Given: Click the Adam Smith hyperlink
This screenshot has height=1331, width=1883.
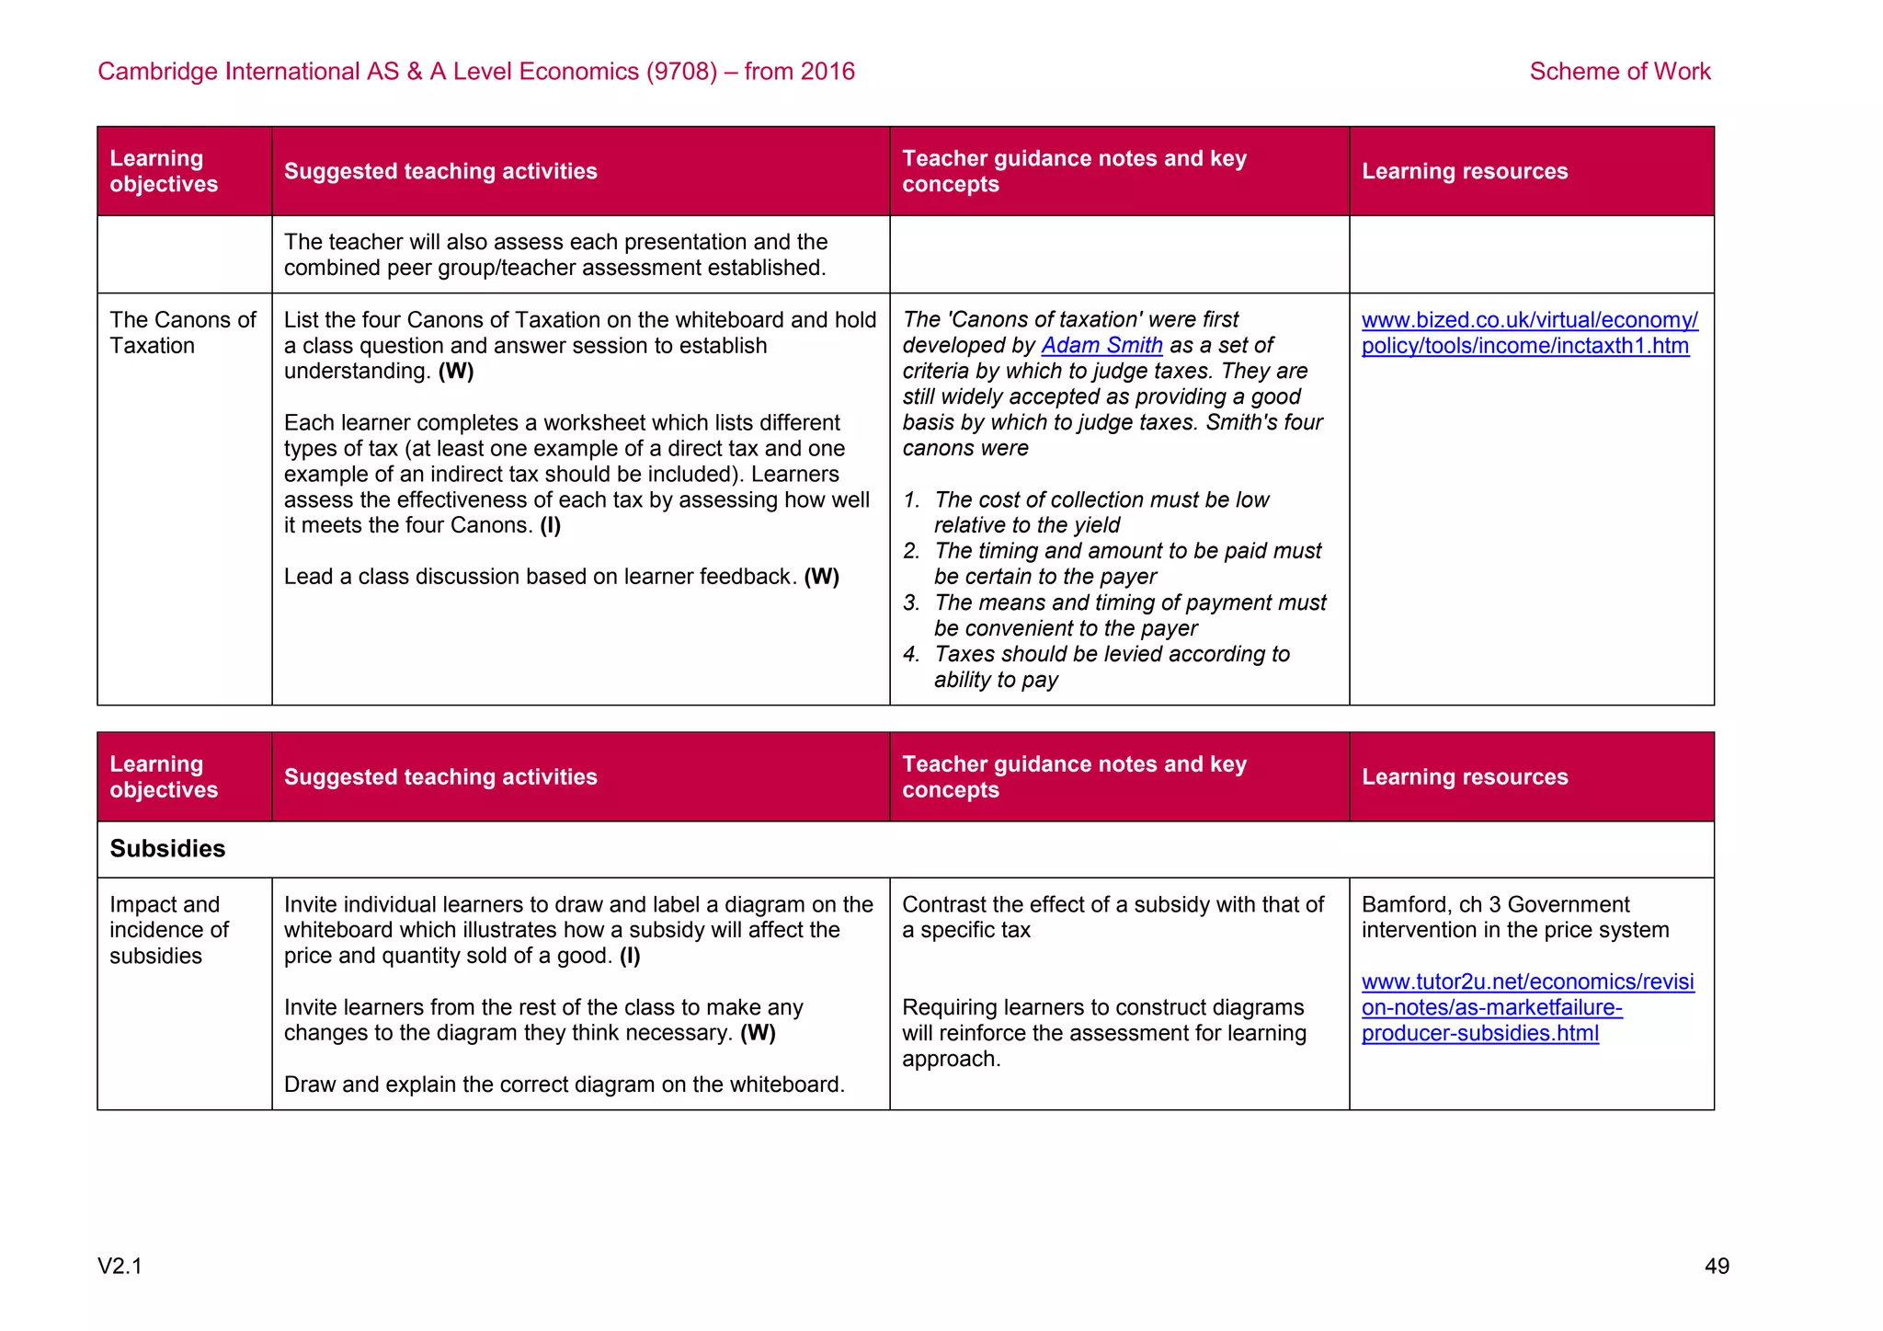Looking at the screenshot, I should pyautogui.click(x=1101, y=346).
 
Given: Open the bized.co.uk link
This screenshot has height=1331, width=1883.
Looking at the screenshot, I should pyautogui.click(x=1529, y=333).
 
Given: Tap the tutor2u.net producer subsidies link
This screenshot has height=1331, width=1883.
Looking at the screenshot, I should pyautogui.click(x=1527, y=1007).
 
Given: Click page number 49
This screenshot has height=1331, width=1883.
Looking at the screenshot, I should pyautogui.click(x=1717, y=1267).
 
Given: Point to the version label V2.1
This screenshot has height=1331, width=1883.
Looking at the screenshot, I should pyautogui.click(x=120, y=1267).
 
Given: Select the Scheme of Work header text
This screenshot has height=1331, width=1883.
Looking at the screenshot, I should pyautogui.click(x=1619, y=72).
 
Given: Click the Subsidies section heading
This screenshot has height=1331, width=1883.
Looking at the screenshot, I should pyautogui.click(x=167, y=848).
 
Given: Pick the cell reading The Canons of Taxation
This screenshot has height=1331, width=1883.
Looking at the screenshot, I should pyautogui.click(x=182, y=333).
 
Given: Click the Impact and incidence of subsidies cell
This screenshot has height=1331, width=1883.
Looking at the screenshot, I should pyautogui.click(x=169, y=930).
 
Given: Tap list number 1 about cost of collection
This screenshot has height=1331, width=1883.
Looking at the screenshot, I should pyautogui.click(x=911, y=500).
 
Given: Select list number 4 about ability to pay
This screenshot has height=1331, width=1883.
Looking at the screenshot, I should pyautogui.click(x=911, y=655).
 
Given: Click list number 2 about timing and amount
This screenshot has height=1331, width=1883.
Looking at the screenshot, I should pyautogui.click(x=911, y=552).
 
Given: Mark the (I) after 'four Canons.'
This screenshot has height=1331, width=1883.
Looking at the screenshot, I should pyautogui.click(x=550, y=526).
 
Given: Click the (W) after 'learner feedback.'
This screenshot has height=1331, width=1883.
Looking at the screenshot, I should pyautogui.click(x=821, y=577).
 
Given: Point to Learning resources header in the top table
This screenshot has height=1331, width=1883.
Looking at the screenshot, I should pyautogui.click(x=1465, y=172).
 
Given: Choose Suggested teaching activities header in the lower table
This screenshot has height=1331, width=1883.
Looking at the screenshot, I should pyautogui.click(x=440, y=777).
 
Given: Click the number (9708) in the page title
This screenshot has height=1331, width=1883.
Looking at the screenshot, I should pyautogui.click(x=681, y=72).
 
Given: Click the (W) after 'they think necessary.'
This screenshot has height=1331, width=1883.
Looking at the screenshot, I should pyautogui.click(x=758, y=1033).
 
